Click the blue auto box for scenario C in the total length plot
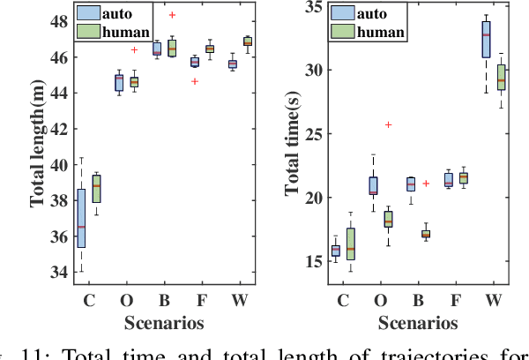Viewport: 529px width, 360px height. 82,218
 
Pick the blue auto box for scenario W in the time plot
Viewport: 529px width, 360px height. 487,41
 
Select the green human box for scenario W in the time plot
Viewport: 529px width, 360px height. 502,77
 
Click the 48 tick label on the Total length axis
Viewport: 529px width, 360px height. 56,20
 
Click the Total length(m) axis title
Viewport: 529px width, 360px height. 37,145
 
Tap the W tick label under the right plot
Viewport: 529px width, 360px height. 495,300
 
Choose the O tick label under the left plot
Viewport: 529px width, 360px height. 127,300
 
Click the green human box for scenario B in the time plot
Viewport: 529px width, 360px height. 426,234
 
